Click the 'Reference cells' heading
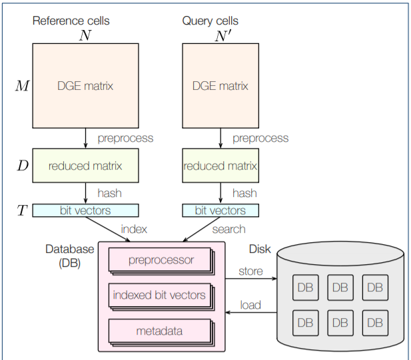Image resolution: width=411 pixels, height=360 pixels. (x=71, y=21)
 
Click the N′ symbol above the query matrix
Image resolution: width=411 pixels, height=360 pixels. (x=222, y=36)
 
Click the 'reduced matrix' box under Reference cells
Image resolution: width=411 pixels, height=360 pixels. (x=85, y=166)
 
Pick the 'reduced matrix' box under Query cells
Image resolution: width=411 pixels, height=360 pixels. (x=220, y=166)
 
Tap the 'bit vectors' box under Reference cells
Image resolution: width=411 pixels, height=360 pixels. (x=85, y=210)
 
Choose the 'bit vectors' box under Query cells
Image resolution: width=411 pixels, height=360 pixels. (x=220, y=210)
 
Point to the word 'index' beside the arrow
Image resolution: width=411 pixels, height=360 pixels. (x=134, y=229)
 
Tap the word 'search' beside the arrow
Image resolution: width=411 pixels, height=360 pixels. (x=228, y=229)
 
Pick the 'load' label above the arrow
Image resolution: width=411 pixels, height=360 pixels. (x=250, y=305)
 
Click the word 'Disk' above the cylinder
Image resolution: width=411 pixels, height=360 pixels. (x=260, y=249)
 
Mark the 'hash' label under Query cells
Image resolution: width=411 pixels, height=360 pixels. (x=244, y=193)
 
